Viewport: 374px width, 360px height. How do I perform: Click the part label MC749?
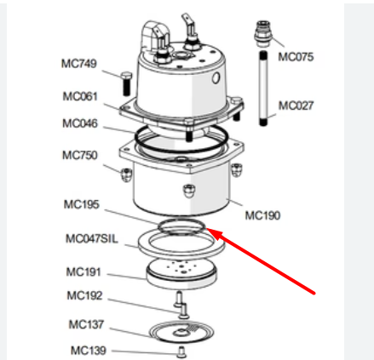79,63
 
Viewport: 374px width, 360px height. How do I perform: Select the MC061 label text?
80,96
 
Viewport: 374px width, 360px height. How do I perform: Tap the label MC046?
80,123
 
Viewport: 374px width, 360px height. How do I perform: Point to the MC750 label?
80,155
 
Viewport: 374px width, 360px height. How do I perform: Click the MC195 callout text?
82,204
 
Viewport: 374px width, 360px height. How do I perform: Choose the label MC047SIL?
92,238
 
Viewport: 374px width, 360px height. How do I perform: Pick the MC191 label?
83,272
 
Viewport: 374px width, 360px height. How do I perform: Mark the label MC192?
84,295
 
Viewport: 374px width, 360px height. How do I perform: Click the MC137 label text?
86,324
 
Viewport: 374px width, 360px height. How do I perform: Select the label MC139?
89,351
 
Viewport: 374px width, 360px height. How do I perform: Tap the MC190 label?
262,215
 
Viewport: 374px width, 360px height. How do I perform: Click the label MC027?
296,106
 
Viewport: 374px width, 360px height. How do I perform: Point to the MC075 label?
296,57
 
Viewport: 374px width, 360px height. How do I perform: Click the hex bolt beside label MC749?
126,83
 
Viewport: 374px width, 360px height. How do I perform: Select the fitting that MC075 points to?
263,33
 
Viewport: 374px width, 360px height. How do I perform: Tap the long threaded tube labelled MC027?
263,89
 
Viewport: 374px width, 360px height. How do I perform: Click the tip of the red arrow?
207,229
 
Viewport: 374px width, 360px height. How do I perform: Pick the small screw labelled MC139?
181,352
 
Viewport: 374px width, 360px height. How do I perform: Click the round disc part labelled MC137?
181,333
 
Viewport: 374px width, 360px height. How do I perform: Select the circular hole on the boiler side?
216,78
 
